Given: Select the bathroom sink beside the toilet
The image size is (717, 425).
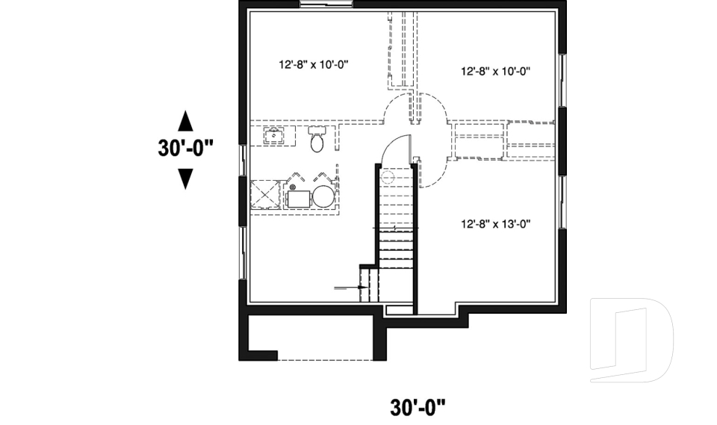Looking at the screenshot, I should pos(274,135).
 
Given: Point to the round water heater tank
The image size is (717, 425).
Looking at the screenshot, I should pos(323,197).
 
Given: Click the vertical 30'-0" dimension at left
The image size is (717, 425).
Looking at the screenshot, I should pos(185,148).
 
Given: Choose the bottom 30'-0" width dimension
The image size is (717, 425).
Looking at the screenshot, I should pos(418,407).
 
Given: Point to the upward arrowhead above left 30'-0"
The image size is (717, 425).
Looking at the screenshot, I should pos(185,120).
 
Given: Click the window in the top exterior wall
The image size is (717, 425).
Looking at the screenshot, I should pos(326,6).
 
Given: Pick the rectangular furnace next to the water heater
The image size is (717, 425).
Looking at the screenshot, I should pos(300,198).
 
